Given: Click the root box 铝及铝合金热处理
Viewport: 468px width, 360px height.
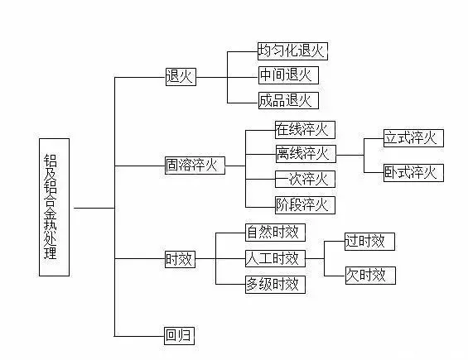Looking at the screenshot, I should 54,207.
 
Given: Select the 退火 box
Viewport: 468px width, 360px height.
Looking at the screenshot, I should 179,77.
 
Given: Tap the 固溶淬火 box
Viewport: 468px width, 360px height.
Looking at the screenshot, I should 195,165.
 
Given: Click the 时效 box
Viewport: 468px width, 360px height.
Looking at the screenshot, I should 179,259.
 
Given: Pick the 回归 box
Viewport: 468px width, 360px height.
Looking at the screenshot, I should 179,336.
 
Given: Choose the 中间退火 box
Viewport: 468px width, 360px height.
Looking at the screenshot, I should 287,75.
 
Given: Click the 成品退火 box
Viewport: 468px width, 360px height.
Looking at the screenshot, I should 287,101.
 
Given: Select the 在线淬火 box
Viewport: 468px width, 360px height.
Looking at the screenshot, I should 304,129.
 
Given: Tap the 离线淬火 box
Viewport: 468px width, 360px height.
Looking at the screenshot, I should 304,153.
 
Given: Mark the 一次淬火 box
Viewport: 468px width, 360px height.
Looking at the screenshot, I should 304,179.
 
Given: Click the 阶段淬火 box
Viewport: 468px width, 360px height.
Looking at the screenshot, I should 304,204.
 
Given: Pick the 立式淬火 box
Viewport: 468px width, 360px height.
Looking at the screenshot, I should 413,137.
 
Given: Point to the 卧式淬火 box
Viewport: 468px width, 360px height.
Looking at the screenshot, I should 413,173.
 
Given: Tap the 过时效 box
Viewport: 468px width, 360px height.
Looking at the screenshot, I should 370,242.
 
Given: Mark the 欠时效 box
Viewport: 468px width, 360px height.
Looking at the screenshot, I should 370,275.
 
